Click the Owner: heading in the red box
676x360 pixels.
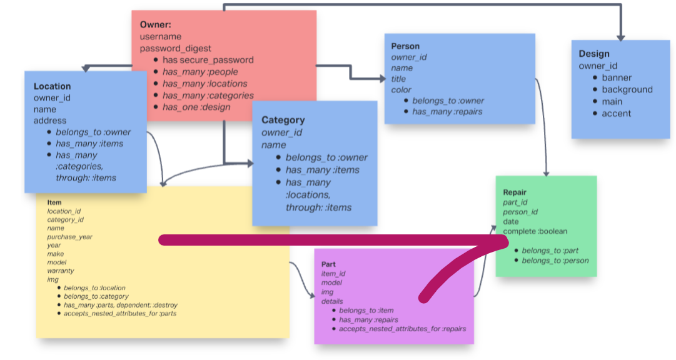156,24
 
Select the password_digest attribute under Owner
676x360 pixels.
176,48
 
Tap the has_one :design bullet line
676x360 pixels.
196,107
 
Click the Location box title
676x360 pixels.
52,86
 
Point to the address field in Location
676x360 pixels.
50,120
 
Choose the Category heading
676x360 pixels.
283,120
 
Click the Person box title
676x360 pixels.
405,46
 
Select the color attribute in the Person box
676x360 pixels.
401,90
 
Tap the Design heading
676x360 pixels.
593,54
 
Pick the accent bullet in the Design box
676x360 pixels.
616,113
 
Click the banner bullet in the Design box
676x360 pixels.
616,77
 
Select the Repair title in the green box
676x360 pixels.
515,193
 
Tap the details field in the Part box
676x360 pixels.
332,301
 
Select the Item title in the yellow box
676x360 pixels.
54,202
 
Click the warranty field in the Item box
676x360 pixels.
60,271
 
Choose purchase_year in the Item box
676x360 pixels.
69,237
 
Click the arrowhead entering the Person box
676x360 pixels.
383,79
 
